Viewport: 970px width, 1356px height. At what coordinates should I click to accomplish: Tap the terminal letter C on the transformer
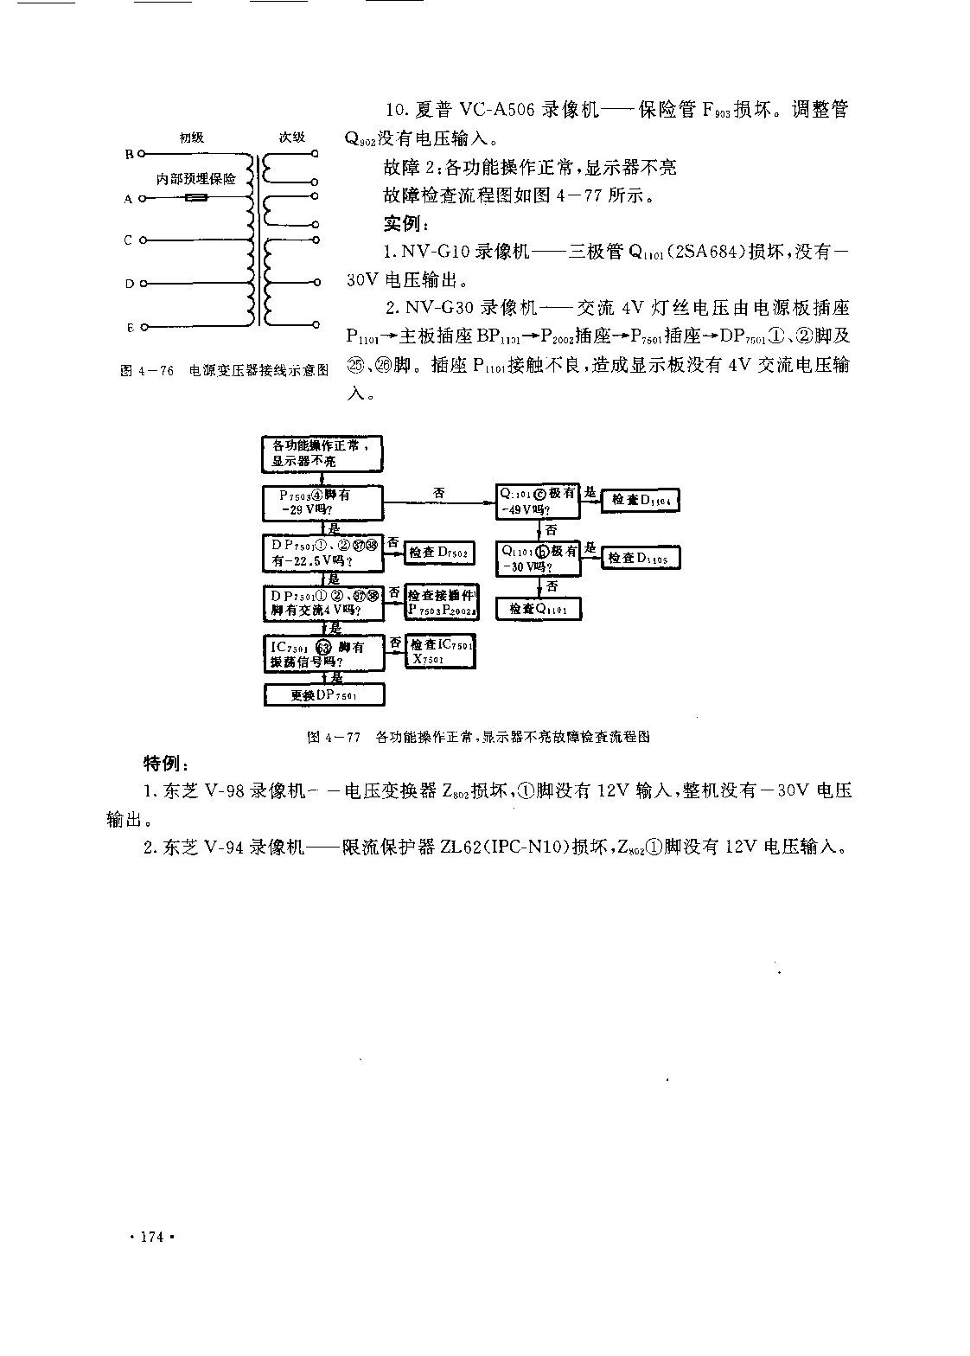point(128,240)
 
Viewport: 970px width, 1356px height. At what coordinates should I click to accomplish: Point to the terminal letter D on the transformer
point(129,283)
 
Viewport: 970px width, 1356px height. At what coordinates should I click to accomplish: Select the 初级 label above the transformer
point(192,138)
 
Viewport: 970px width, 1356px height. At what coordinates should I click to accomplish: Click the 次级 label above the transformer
point(291,138)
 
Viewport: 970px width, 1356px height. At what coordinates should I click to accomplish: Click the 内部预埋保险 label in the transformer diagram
point(196,179)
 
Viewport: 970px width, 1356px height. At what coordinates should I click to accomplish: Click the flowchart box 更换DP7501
point(323,695)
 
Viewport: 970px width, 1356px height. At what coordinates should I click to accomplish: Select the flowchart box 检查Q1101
point(539,609)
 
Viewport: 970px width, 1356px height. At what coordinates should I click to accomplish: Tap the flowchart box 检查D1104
point(640,500)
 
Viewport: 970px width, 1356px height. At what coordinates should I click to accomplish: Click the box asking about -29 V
point(322,502)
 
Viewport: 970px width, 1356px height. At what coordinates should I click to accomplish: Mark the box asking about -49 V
point(538,501)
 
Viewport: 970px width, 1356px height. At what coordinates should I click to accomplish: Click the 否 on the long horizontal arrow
point(439,492)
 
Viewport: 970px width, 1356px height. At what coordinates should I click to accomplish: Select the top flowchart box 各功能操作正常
point(322,454)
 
